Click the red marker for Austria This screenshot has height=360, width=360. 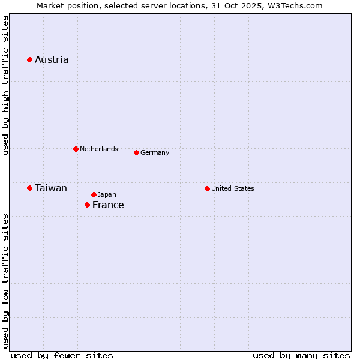tap(29, 59)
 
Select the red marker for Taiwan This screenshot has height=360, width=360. tap(29, 188)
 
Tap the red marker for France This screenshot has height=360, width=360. tap(87, 205)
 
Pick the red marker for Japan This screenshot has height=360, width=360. tap(94, 194)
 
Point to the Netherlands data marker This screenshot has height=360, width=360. tap(76, 149)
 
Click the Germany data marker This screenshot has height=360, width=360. tap(136, 152)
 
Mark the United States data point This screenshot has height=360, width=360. tap(207, 188)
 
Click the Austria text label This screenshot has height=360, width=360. tap(52, 59)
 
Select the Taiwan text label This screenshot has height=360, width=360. tap(51, 188)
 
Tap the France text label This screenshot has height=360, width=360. tap(108, 205)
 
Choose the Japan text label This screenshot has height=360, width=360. tap(107, 194)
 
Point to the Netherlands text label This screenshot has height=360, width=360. tap(99, 149)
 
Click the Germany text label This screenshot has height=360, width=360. tap(155, 152)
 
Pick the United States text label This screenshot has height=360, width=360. tap(233, 188)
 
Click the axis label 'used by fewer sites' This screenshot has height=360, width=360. tap(62, 355)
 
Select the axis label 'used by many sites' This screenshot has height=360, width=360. tap(301, 355)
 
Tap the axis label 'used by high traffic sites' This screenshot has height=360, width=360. tap(5, 85)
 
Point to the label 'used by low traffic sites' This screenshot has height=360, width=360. tap(5, 281)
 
